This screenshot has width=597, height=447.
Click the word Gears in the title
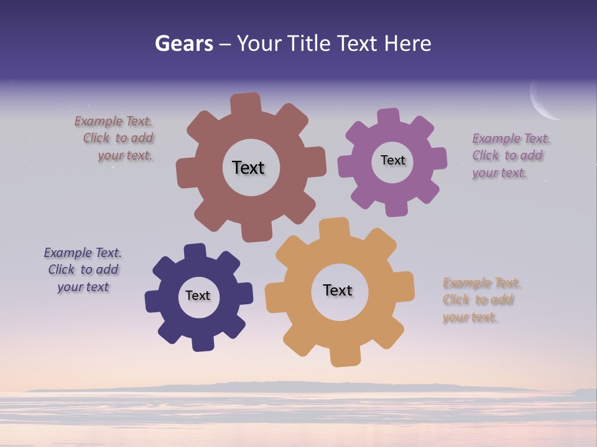(x=183, y=43)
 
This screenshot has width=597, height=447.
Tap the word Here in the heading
(x=407, y=43)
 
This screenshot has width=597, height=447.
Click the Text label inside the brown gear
(x=248, y=168)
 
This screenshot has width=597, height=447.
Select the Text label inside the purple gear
(x=392, y=160)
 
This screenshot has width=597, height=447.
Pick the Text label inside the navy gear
(x=198, y=296)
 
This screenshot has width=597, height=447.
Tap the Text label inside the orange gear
(x=338, y=290)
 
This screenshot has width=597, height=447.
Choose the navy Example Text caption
(x=83, y=269)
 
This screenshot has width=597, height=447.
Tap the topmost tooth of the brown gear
(x=245, y=103)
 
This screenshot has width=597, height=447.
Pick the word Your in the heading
(x=260, y=43)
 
